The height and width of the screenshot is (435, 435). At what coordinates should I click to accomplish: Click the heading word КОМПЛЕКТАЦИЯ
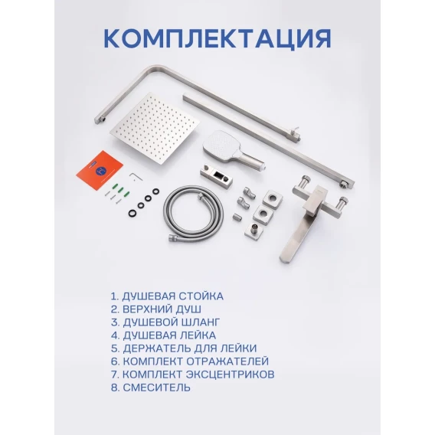click(217, 38)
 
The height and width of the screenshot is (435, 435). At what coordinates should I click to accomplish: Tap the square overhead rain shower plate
click(154, 129)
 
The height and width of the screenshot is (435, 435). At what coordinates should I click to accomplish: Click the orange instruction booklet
click(100, 171)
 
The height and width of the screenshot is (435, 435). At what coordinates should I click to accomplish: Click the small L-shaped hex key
click(136, 176)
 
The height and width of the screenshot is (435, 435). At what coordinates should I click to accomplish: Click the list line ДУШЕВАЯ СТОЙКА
click(172, 296)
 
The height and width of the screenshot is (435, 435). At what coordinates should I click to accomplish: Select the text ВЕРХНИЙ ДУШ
click(162, 309)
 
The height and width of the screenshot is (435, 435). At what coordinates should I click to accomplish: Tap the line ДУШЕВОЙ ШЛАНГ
click(172, 322)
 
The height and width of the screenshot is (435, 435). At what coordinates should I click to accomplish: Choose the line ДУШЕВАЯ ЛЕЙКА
click(169, 335)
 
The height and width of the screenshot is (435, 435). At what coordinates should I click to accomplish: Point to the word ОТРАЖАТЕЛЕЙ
click(227, 361)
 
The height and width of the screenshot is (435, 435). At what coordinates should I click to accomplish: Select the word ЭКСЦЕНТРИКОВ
click(231, 374)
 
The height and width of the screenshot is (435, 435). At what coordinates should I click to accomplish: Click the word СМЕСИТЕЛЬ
click(157, 388)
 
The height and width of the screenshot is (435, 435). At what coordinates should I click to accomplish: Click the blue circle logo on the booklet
click(100, 171)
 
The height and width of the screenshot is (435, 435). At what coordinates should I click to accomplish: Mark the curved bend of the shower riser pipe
click(147, 70)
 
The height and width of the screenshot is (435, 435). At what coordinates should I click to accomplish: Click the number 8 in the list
click(115, 388)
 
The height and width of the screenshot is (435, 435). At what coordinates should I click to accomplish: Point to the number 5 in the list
click(115, 348)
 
